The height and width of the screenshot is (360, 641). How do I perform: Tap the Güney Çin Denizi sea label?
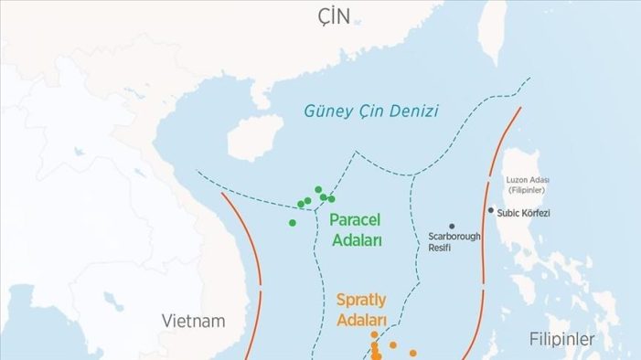[370, 111]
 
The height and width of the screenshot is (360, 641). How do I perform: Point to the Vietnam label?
[193, 321]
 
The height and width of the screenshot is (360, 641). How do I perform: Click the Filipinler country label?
[561, 339]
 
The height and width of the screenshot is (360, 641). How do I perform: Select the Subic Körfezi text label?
[525, 211]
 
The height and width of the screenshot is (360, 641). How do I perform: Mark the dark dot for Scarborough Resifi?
[451, 226]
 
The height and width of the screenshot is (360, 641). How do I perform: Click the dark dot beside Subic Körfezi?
[490, 210]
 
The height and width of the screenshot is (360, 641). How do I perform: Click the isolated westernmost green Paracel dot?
[293, 222]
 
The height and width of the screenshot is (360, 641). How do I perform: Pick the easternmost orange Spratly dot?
[412, 353]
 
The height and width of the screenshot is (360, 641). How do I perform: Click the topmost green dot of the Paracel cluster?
[318, 189]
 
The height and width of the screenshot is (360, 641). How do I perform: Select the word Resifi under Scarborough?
[440, 248]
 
